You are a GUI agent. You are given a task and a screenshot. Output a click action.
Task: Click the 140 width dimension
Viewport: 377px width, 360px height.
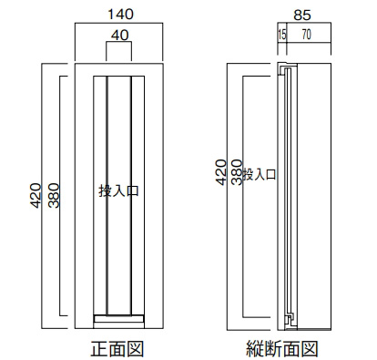pos(120,15)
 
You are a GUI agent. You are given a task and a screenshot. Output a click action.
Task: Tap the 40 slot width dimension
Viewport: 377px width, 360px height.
pos(119,36)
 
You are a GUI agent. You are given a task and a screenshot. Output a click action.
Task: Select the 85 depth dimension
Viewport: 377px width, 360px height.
pos(302,15)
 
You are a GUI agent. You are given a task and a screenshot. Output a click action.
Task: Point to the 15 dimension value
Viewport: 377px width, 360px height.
pos(282,35)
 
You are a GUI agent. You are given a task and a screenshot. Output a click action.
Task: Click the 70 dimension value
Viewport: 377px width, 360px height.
pos(307,35)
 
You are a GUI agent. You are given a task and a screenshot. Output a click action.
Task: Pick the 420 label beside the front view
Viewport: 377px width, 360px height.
pos(36,196)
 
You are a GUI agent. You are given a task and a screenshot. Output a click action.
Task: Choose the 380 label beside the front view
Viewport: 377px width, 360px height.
pos(55,196)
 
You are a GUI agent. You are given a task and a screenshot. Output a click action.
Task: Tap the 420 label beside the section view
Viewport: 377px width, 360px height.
pos(221,172)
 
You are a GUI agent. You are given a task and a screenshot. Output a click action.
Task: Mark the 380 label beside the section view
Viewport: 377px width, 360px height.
pos(237,172)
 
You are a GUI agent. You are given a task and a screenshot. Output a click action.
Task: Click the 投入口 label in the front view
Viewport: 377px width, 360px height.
pos(118,190)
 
